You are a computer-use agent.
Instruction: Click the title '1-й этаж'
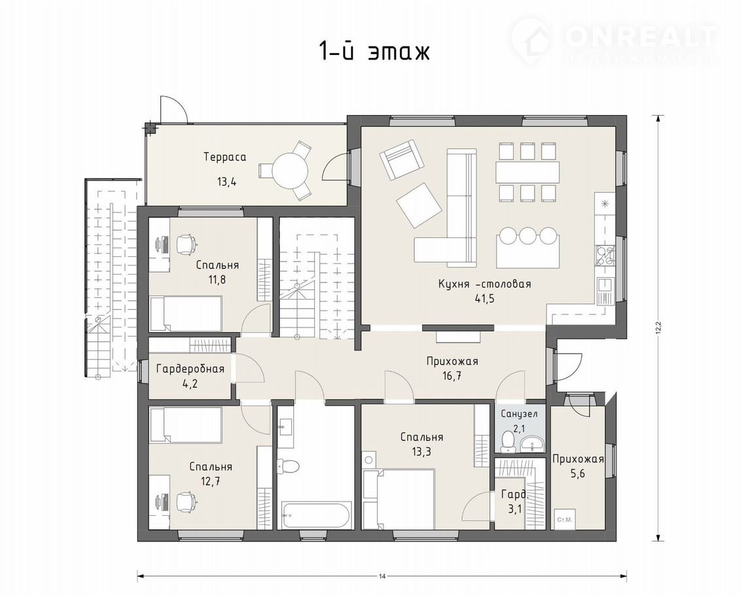click(x=375, y=52)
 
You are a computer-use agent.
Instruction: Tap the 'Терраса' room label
click(x=225, y=157)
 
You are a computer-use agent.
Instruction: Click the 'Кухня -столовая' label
click(x=485, y=284)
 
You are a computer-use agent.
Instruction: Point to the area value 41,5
click(x=485, y=299)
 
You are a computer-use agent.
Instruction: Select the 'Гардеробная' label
click(x=190, y=369)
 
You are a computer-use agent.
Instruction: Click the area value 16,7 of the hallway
click(x=452, y=376)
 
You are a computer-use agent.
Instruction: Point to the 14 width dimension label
click(x=382, y=576)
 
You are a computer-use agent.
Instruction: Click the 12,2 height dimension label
click(x=658, y=327)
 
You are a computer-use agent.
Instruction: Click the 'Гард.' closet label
click(x=515, y=494)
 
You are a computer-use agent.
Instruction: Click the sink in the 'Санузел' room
click(x=533, y=444)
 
